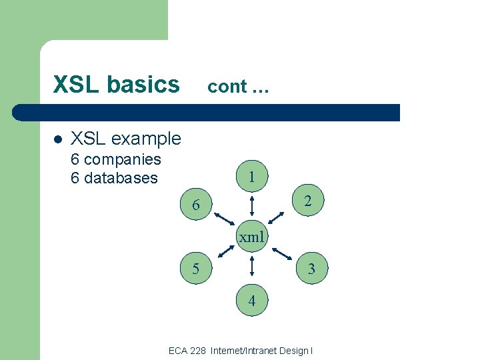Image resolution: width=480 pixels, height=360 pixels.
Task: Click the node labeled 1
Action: (x=251, y=177)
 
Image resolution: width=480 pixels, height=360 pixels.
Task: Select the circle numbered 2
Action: (x=308, y=201)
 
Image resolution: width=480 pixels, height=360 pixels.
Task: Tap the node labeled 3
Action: (x=310, y=269)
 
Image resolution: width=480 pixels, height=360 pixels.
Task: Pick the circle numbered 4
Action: (x=251, y=300)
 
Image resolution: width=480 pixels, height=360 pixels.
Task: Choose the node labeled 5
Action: (x=195, y=269)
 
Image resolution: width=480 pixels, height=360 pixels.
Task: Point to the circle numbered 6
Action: (x=195, y=205)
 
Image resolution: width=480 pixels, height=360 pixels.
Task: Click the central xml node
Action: (x=251, y=237)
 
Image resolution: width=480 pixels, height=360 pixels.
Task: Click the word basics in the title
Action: (x=146, y=85)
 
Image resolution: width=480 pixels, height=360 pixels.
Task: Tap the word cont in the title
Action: (x=227, y=87)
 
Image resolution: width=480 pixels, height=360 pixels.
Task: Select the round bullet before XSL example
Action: (x=57, y=139)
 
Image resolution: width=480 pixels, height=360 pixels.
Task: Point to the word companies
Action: (x=123, y=159)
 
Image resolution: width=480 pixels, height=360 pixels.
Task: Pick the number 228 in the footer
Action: (x=197, y=351)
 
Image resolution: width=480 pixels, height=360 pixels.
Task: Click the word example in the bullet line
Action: (x=146, y=139)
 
